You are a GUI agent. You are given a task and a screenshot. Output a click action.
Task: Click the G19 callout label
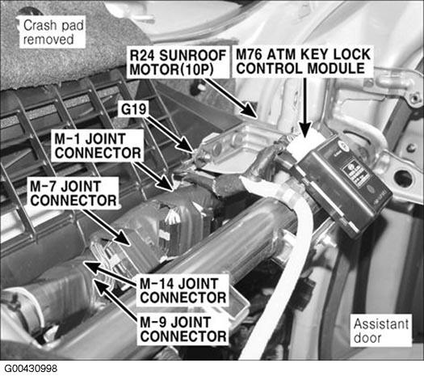pyautogui.click(x=134, y=109)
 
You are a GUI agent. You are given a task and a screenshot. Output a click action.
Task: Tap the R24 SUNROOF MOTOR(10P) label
pyautogui.click(x=178, y=62)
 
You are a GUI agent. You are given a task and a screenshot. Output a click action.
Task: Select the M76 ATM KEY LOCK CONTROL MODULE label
pyautogui.click(x=303, y=61)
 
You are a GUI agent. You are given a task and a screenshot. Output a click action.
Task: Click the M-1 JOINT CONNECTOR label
pyautogui.click(x=98, y=146)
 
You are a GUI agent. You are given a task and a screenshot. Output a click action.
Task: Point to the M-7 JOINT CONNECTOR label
pyautogui.click(x=73, y=193)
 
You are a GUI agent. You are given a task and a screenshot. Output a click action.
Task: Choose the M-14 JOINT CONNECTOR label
pyautogui.click(x=183, y=291)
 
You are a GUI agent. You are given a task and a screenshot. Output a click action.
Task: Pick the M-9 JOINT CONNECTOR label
pyautogui.click(x=183, y=329)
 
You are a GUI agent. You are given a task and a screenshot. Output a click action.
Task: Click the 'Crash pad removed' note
pyautogui.click(x=52, y=32)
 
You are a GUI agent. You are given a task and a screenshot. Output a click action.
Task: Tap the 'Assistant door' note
pyautogui.click(x=381, y=331)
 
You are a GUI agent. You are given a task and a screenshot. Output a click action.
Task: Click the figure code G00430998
pyautogui.click(x=31, y=369)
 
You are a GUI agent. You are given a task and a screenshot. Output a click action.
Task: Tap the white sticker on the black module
pyautogui.click(x=355, y=174)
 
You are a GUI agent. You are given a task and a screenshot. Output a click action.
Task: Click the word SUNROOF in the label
pyautogui.click(x=192, y=55)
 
